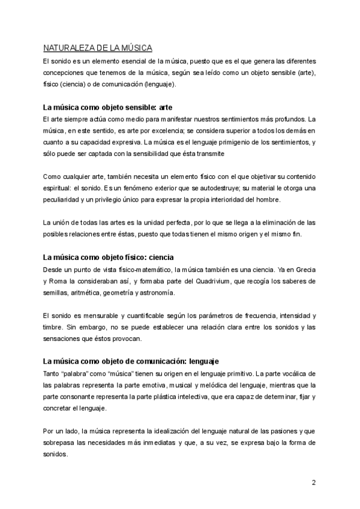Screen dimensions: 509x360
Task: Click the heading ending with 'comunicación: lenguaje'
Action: [x=131, y=361]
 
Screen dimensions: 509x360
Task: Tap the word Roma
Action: [x=57, y=280]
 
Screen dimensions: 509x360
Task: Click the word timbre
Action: [x=53, y=327]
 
